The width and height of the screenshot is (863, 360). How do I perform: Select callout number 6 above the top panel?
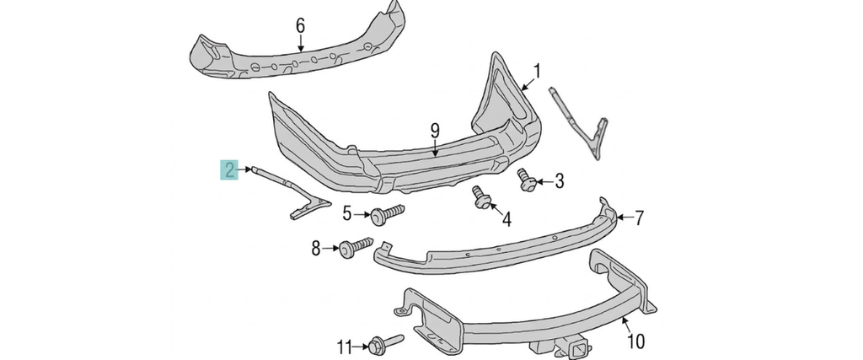coord(300,25)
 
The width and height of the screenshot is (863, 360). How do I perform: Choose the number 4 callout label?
coord(507,220)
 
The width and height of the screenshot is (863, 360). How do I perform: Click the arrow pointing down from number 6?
coord(300,43)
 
